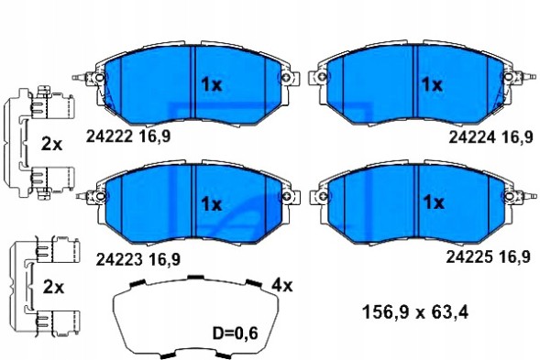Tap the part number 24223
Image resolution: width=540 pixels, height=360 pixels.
(x=116, y=258)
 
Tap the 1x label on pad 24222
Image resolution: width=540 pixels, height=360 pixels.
(x=212, y=84)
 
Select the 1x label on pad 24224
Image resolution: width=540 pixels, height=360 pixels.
(x=432, y=84)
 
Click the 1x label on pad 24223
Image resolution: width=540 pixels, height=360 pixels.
(x=212, y=202)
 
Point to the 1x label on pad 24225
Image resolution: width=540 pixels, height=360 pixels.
(x=432, y=202)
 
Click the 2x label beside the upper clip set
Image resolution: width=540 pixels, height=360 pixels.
(x=52, y=143)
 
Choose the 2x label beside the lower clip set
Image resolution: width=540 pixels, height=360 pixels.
(x=52, y=287)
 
